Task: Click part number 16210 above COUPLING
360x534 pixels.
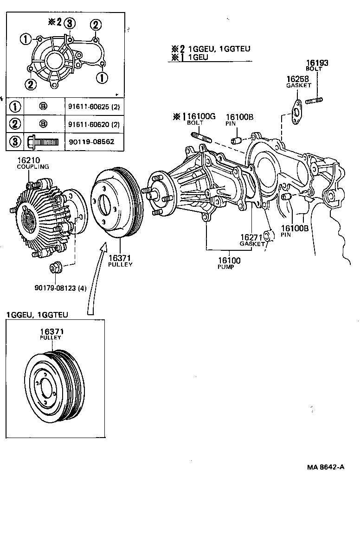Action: point(28,160)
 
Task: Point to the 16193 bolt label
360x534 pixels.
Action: point(317,63)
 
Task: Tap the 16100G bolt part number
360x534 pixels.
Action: point(201,117)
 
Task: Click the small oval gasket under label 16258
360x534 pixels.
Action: point(295,113)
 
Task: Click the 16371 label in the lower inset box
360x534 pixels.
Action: point(51,332)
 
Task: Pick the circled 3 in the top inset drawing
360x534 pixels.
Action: point(68,24)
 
